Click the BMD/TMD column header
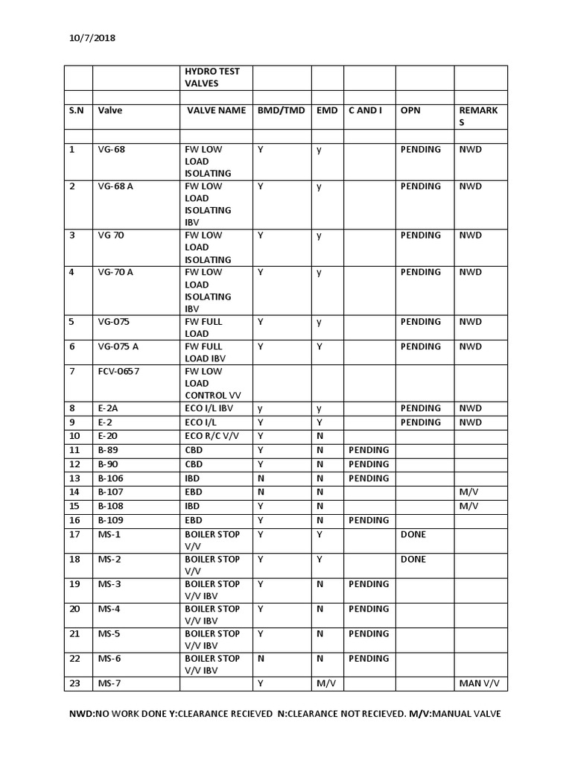[281, 110]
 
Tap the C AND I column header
[365, 110]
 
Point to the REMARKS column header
[478, 116]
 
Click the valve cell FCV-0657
[118, 371]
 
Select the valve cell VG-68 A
[115, 186]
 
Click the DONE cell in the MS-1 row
[413, 534]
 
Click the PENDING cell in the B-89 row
[368, 450]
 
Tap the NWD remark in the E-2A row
[470, 408]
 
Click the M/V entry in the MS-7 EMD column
[325, 683]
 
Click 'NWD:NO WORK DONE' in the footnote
[112, 714]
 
